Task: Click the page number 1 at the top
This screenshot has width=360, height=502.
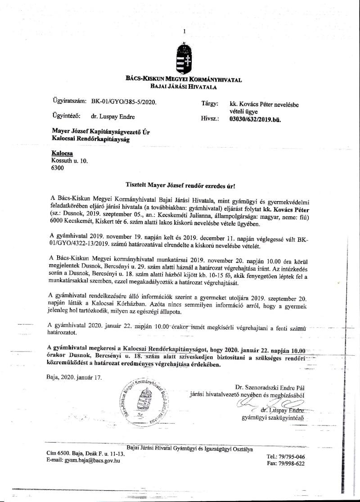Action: pyautogui.click(x=184, y=31)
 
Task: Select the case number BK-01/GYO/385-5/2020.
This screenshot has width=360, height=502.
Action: pyautogui.click(x=124, y=102)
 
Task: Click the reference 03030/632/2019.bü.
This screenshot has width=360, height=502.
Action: pyautogui.click(x=255, y=120)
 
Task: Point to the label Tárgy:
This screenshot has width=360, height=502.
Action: pyautogui.click(x=210, y=104)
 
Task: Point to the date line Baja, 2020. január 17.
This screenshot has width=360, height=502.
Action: pyautogui.click(x=74, y=377)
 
